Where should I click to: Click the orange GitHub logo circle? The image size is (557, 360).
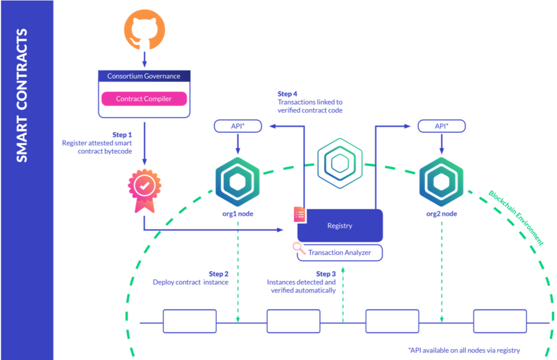click(x=144, y=29)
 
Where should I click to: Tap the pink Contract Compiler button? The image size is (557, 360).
click(x=143, y=99)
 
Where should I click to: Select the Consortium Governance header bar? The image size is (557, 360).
click(x=143, y=77)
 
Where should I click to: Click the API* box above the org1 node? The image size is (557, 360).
click(x=238, y=126)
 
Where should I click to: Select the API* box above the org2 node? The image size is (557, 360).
click(x=441, y=126)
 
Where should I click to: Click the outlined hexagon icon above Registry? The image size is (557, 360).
click(x=339, y=161)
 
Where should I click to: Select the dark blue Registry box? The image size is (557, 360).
click(x=340, y=226)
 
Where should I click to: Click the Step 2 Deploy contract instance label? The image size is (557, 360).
click(x=191, y=278)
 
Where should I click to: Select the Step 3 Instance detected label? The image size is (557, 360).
click(x=301, y=282)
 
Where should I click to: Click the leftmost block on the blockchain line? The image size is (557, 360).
click(x=189, y=320)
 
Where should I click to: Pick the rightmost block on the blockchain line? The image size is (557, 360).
click(x=499, y=320)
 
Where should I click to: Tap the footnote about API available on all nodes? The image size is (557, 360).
click(x=464, y=350)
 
